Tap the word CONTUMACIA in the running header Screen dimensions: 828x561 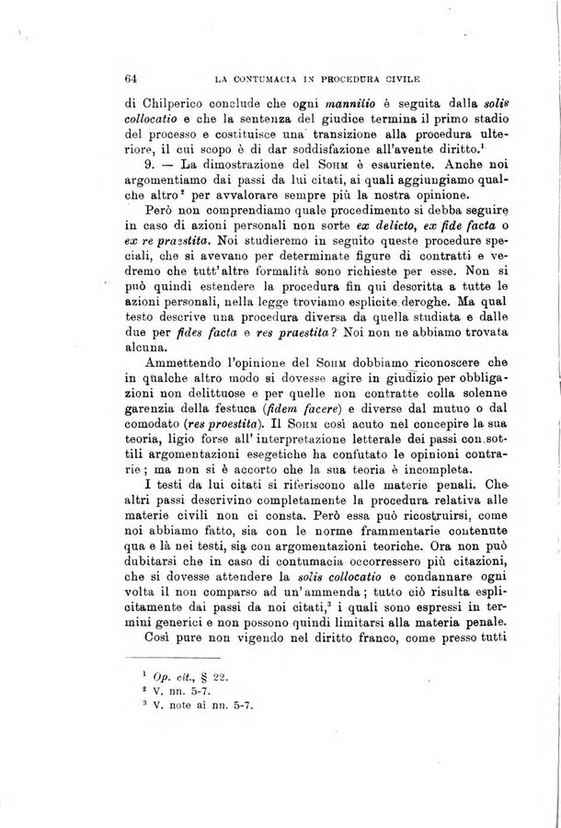267,80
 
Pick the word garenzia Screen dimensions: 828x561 151,420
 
